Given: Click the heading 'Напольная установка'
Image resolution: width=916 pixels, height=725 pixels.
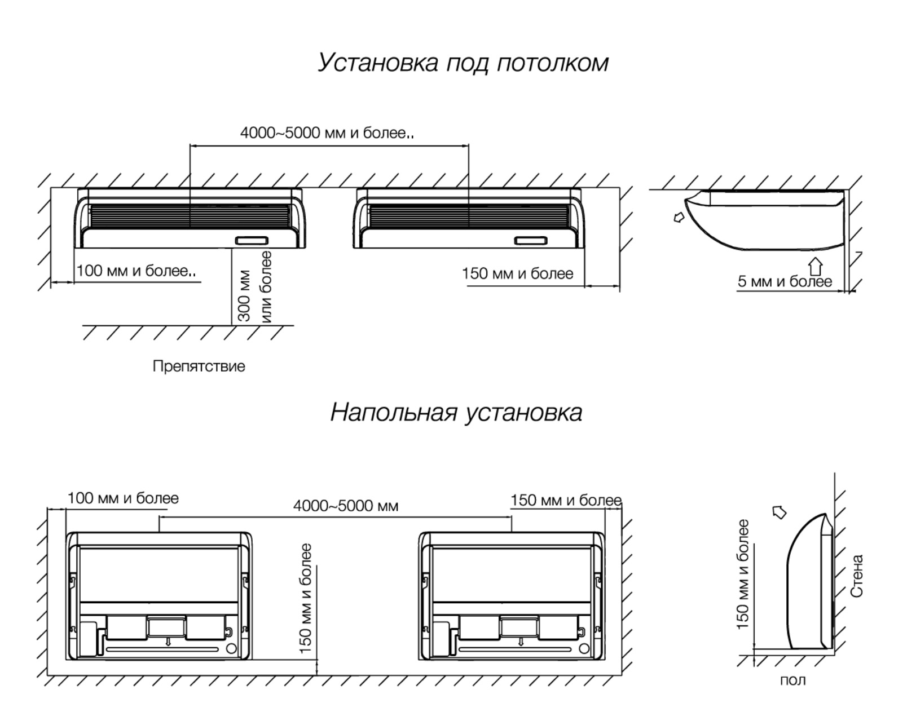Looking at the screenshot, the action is pos(456,413).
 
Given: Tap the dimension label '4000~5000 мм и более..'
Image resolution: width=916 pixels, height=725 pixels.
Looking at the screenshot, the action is pos(327,133).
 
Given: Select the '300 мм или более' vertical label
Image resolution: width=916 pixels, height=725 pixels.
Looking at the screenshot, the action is pos(254,287).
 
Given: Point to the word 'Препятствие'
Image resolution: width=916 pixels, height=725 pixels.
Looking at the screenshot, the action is pos(199,366).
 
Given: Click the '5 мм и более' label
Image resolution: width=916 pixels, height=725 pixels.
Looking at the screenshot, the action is pos(785,281).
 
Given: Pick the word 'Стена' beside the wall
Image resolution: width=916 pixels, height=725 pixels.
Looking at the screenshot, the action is pos(856,576).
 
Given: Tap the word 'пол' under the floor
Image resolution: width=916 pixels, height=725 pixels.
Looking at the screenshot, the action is pos(792,680).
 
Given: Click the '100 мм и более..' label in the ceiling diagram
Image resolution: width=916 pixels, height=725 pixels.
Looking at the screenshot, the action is pos(136,271).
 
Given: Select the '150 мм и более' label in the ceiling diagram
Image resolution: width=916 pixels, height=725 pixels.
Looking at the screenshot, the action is pos(518,273).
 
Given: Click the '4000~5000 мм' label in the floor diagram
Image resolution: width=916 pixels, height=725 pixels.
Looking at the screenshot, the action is pos(346,506).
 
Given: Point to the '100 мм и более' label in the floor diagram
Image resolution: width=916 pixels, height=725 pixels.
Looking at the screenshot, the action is pos(124,498).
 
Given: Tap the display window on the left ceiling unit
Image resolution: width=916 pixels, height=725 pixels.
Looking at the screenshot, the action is pos(252,241).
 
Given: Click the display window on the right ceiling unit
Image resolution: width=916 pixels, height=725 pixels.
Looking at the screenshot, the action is pos(531,241).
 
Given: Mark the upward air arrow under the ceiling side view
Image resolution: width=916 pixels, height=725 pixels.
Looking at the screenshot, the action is pos(815,266).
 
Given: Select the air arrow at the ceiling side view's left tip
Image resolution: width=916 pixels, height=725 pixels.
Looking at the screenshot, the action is pos(679,218).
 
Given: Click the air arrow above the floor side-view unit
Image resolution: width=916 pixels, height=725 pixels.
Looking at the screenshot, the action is pos(779,512).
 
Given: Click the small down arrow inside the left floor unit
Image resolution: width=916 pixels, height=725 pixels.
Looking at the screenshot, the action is pos(168,642).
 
